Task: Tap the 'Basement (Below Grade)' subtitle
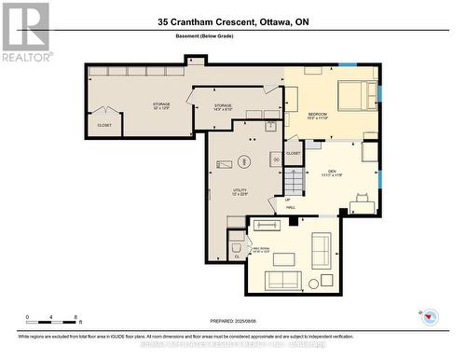(x=233, y=38)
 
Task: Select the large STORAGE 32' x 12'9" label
(x=161, y=105)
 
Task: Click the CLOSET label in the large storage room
(x=104, y=125)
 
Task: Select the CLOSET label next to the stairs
(x=293, y=153)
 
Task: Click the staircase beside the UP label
(x=294, y=182)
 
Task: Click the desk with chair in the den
(x=362, y=201)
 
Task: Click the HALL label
(x=290, y=207)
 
